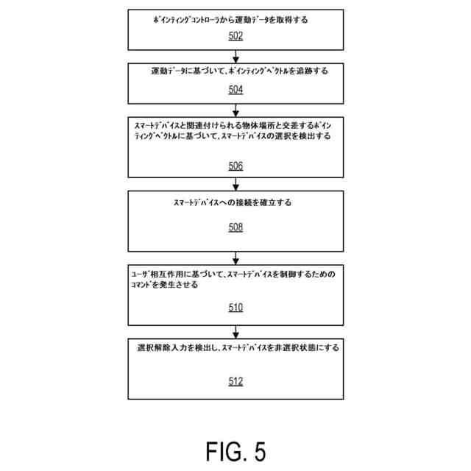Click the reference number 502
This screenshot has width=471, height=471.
(x=235, y=35)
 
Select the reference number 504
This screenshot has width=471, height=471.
(x=235, y=90)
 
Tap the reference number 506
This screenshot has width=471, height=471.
(x=235, y=166)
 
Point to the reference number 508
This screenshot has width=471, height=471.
(x=235, y=227)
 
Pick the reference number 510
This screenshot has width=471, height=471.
(x=235, y=308)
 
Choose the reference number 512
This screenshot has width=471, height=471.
(x=235, y=381)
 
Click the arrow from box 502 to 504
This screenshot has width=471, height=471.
(x=235, y=57)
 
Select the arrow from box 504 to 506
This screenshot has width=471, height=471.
(x=235, y=110)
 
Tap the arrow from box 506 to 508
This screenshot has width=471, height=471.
(x=235, y=184)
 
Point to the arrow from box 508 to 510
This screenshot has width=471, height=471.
(x=235, y=258)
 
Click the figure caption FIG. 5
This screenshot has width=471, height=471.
(x=235, y=450)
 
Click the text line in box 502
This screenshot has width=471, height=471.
(x=230, y=21)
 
